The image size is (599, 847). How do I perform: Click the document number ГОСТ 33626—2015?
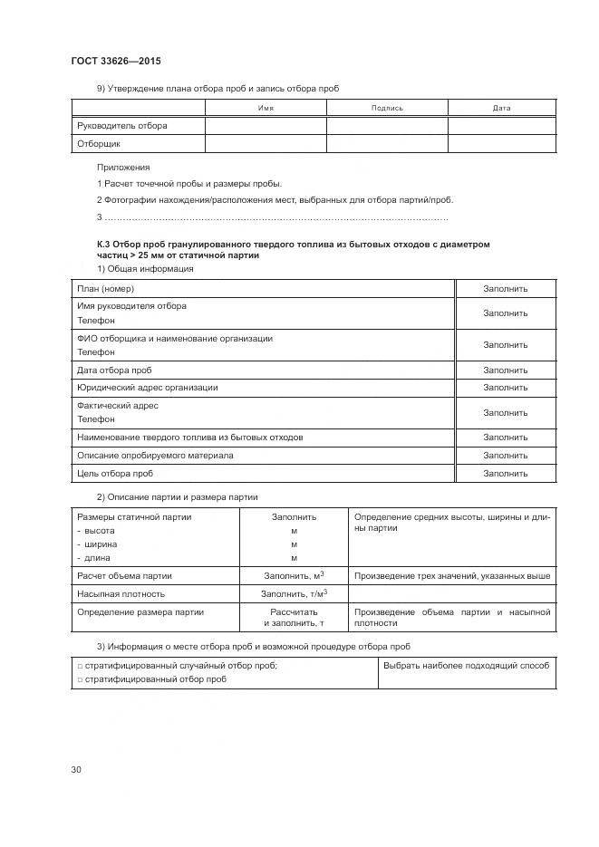point(115,61)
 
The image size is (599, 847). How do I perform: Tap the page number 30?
point(76,770)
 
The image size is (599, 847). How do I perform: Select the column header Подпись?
point(387,108)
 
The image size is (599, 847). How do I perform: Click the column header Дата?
point(501,108)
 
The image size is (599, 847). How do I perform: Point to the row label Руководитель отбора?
point(122,125)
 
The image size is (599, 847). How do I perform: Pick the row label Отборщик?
point(99,143)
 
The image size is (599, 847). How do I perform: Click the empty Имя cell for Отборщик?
point(266,143)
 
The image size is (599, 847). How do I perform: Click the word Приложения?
point(122,168)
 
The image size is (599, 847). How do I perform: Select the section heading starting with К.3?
point(293,249)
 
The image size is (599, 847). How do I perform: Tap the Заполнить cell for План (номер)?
point(505,288)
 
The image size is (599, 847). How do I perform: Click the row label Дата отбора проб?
point(114,370)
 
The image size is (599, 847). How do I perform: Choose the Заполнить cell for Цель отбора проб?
point(505,473)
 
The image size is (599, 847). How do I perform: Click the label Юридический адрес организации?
point(148,387)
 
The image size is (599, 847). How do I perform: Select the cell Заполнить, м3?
point(294,575)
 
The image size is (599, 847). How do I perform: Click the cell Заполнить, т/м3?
point(294,593)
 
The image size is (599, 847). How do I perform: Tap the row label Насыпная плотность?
point(121,593)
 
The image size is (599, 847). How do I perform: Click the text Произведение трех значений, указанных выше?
point(452,575)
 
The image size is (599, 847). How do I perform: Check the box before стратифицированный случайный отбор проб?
point(80,666)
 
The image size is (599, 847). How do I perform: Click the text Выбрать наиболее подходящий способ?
point(466,665)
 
